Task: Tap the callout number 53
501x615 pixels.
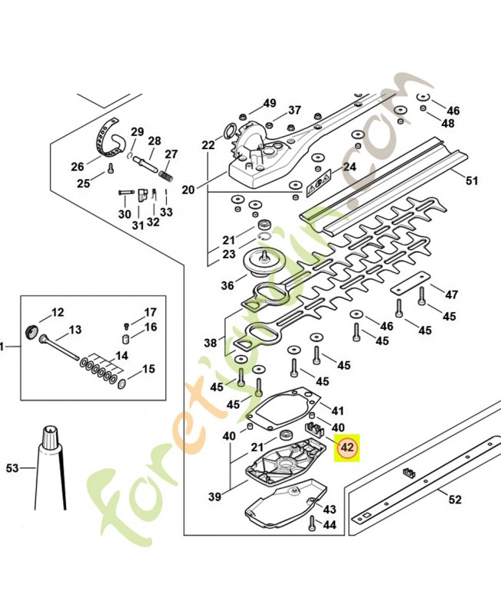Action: pos(12,467)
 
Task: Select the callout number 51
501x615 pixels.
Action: pos(472,181)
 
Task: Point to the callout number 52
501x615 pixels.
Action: pos(455,500)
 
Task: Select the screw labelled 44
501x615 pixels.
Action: pos(311,524)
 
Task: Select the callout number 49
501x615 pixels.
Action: pos(269,103)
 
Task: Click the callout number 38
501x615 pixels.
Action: pos(211,343)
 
